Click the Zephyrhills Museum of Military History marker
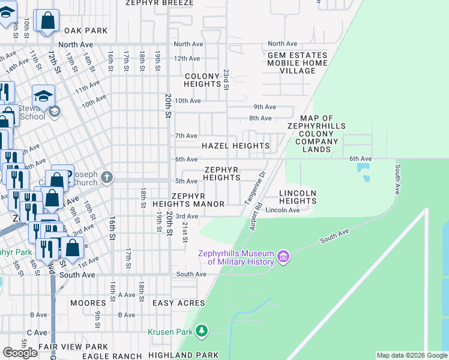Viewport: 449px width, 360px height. point(284,257)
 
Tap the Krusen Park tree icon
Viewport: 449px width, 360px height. point(202,331)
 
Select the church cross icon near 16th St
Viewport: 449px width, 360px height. point(107,177)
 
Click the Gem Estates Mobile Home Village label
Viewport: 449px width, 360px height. point(298,63)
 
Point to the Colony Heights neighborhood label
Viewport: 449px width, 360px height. point(203,80)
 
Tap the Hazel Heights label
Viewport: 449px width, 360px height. point(235,146)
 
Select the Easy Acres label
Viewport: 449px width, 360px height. point(179,303)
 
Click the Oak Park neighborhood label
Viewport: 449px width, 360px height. point(85,31)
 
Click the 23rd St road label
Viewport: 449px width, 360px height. point(226,79)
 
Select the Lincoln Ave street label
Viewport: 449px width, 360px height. point(282,210)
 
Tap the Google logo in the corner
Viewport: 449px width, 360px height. point(20,353)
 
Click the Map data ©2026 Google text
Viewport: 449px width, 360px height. point(411,356)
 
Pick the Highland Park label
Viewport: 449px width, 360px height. point(183,355)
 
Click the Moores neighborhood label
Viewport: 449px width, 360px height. point(88,303)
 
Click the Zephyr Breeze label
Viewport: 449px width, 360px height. point(160,2)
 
